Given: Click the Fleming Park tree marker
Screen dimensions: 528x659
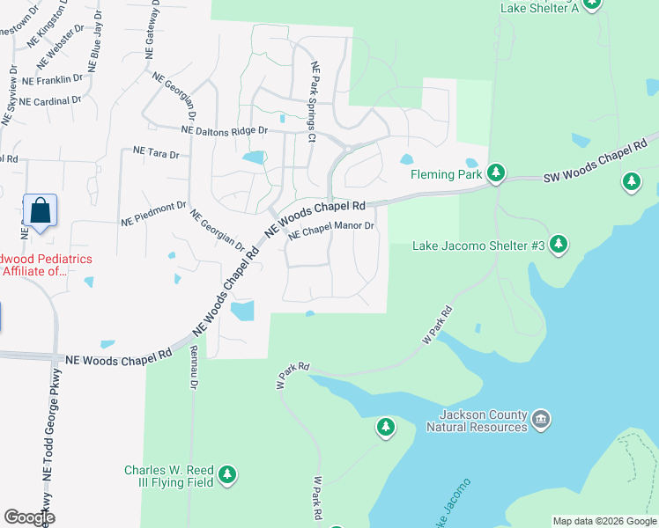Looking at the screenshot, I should [x=496, y=172].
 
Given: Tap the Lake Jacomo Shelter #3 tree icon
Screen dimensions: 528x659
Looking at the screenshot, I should [x=559, y=244].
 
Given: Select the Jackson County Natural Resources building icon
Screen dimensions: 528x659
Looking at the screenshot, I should [x=541, y=418].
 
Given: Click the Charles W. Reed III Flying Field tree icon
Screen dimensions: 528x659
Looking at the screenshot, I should [x=228, y=475].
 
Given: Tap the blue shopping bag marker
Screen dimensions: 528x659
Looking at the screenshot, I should [x=40, y=211].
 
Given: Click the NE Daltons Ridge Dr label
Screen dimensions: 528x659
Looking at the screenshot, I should [x=224, y=130].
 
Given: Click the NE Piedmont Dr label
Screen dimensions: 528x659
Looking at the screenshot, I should [x=153, y=212].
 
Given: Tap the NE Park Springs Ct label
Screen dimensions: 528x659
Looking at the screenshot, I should [x=312, y=101].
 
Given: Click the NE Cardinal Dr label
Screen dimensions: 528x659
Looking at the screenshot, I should [x=50, y=101].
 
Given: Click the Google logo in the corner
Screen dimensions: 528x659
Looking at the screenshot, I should [x=29, y=517].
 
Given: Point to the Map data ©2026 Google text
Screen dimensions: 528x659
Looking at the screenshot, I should [x=604, y=521].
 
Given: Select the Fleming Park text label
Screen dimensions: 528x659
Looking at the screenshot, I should [x=447, y=174].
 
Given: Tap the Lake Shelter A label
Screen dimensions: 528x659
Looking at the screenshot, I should [x=539, y=8].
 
